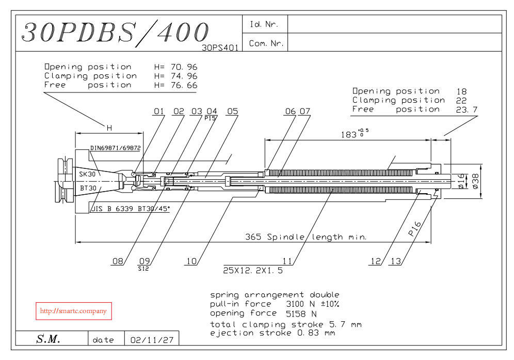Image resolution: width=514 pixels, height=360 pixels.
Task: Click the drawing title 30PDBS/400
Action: (115, 33)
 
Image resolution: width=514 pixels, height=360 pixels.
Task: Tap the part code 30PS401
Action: (220, 48)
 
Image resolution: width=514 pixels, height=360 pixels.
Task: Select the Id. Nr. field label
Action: (264, 24)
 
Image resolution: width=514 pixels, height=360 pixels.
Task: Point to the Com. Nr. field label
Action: (266, 43)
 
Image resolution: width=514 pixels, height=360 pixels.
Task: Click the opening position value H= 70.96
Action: (175, 67)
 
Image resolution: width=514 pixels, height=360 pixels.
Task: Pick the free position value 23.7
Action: (467, 109)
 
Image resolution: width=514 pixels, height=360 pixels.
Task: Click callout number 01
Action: (158, 112)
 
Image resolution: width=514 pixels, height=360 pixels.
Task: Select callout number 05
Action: (232, 112)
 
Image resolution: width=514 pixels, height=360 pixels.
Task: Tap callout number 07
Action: (305, 112)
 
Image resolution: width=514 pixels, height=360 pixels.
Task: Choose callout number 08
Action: (118, 262)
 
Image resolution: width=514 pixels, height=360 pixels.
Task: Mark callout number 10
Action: (191, 262)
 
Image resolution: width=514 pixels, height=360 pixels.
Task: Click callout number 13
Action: (396, 262)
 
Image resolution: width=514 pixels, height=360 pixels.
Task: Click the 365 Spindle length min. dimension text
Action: (306, 237)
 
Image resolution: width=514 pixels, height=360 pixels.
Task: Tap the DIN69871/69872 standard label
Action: (116, 148)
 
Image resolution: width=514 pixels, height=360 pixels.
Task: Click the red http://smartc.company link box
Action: (73, 311)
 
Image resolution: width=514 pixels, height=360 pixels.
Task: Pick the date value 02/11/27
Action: (152, 340)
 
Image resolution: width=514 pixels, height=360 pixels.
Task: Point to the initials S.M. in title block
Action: (49, 339)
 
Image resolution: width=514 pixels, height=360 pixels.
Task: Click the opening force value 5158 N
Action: (301, 314)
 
